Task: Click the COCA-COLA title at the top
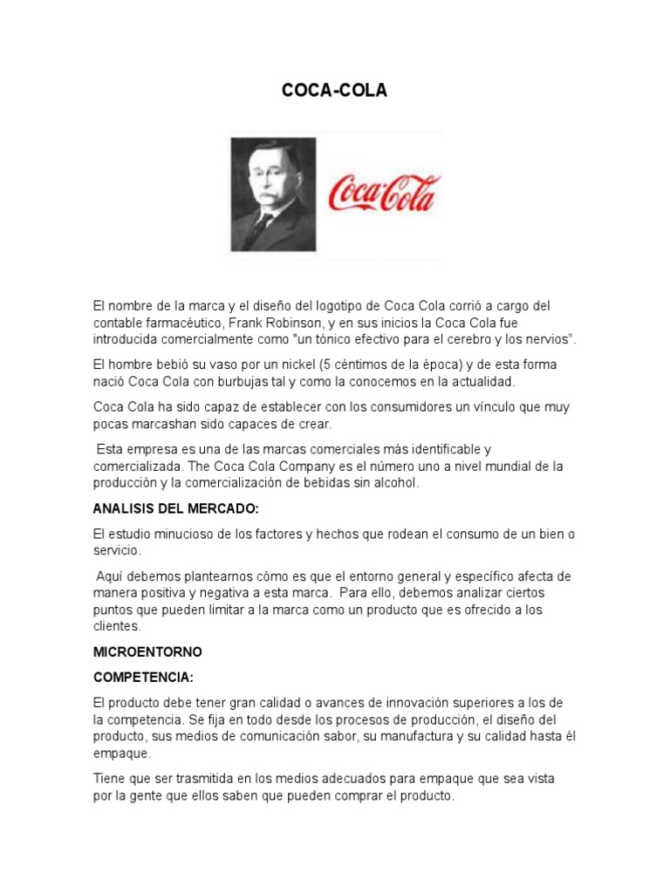334,91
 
